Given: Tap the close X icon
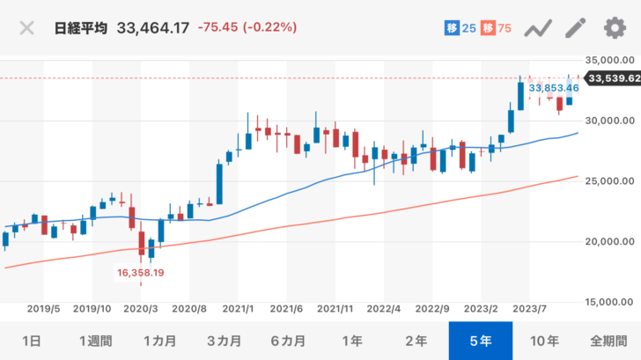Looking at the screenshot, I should pos(26,27).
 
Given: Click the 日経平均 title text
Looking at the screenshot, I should pos(81,28).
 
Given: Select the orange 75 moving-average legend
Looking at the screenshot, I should pos(498,28).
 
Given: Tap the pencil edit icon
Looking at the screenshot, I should pos(575,27).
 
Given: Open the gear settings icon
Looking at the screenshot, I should pos(614,27).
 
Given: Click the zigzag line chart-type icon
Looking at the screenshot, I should pos(536,28).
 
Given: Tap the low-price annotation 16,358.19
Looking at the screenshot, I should pos(142,273).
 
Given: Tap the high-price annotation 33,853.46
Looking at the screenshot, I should pos(554,88).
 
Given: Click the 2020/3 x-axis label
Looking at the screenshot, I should pos(141,309).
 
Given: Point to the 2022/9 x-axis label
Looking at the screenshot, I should pos(432,309).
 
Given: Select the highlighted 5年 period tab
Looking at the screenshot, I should pos(481,341).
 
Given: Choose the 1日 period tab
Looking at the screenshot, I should pos(31,341).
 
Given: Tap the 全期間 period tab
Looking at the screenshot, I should pos(609,341).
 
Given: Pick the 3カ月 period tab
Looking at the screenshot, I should pos(224,341).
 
